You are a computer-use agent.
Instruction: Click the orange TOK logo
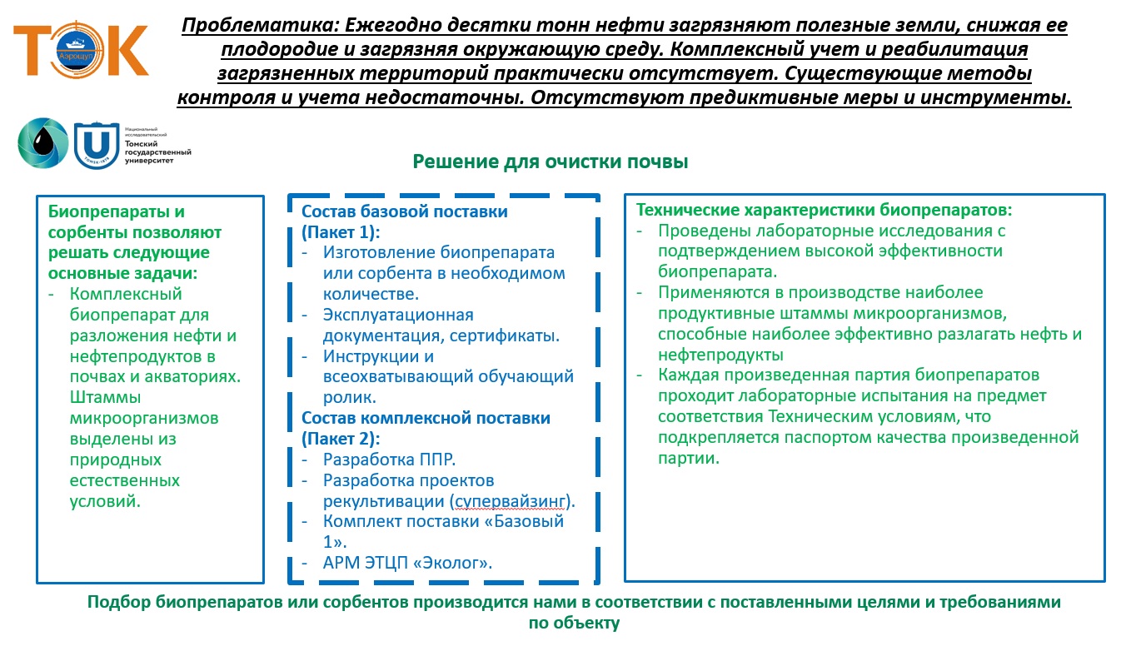tap(81, 51)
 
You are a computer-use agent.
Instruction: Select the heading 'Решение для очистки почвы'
tap(551, 161)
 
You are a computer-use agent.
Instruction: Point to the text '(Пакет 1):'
tap(341, 232)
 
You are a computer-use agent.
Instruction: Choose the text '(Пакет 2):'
tap(341, 438)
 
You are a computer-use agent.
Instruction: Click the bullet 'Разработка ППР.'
tap(390, 460)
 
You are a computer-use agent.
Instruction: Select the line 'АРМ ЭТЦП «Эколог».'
tap(408, 563)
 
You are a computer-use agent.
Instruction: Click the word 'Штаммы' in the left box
tap(106, 397)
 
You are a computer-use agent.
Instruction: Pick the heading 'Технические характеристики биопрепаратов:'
tap(825, 210)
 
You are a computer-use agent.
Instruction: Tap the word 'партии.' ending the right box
tap(689, 458)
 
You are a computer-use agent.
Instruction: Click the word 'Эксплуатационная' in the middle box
tap(398, 315)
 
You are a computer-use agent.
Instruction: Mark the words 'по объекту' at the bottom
tap(574, 623)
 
